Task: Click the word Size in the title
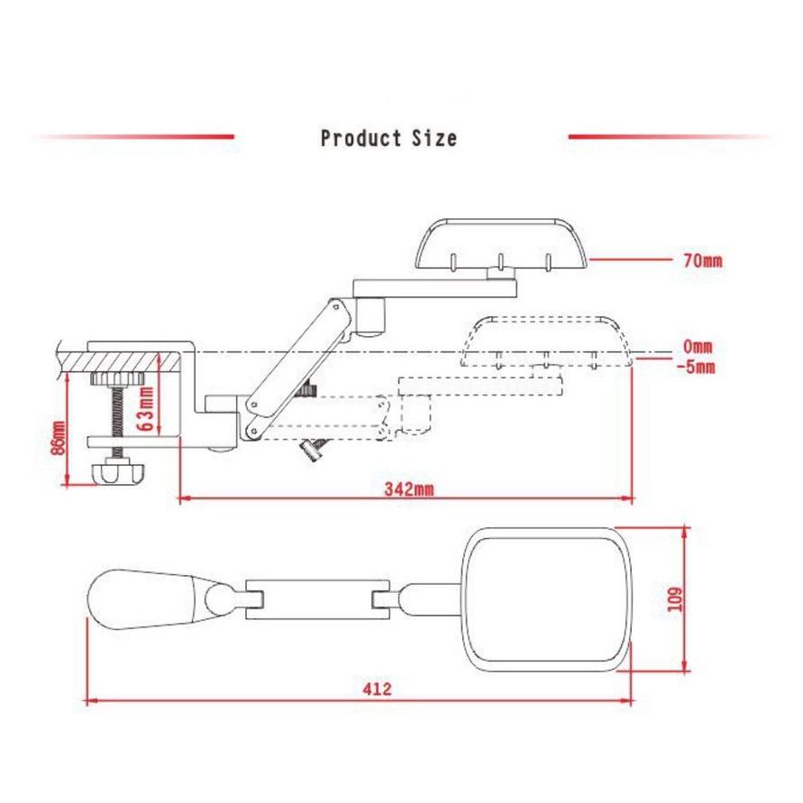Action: tap(434, 138)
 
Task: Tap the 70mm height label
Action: tap(703, 260)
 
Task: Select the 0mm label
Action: tap(698, 347)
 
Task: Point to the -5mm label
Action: tap(696, 367)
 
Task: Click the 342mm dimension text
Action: tap(408, 489)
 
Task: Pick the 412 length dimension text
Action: tap(377, 689)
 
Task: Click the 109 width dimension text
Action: tap(676, 598)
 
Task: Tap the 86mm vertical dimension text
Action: tap(59, 437)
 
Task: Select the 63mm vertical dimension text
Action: tap(147, 408)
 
